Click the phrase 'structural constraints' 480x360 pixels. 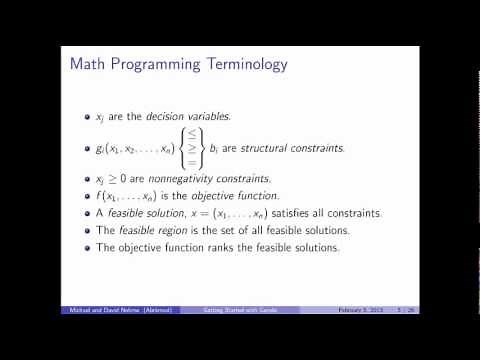pos(302,149)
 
